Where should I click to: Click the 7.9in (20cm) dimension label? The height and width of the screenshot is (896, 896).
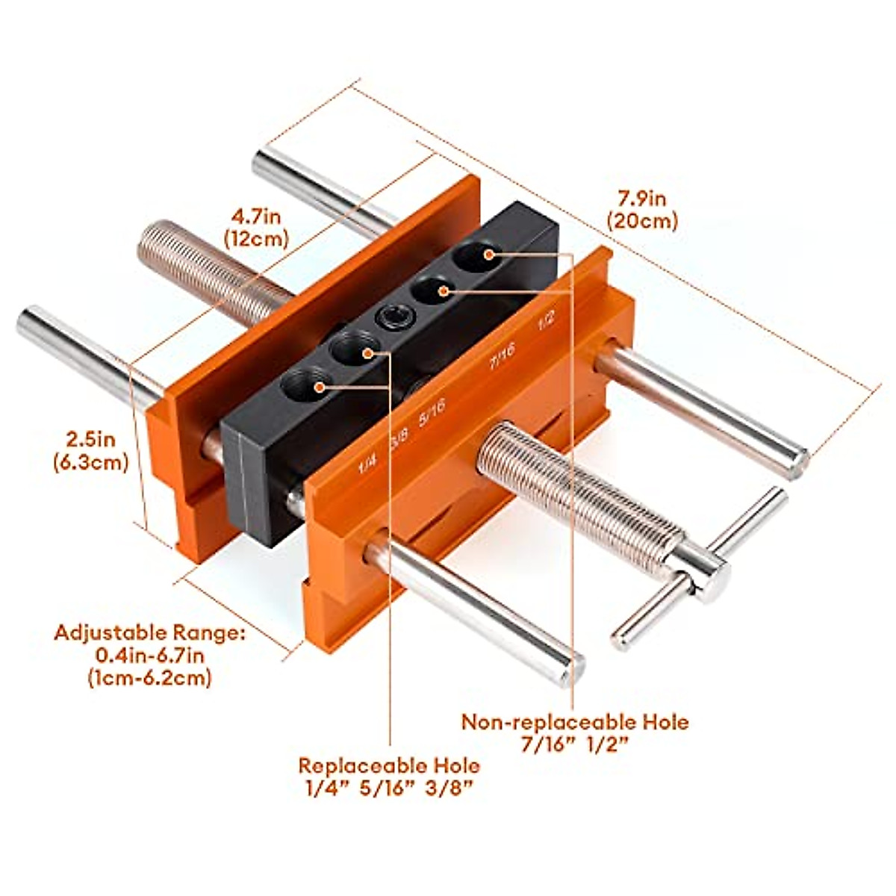click(x=641, y=210)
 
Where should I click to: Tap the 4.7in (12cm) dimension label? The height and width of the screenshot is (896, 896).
click(x=255, y=227)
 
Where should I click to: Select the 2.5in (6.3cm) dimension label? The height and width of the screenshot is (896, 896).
click(x=90, y=449)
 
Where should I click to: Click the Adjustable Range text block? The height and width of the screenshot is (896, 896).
click(x=149, y=655)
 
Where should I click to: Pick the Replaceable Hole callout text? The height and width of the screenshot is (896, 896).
click(x=389, y=777)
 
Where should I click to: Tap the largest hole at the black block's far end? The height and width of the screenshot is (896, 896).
click(x=477, y=255)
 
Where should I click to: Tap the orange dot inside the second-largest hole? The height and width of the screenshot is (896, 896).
click(x=444, y=290)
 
